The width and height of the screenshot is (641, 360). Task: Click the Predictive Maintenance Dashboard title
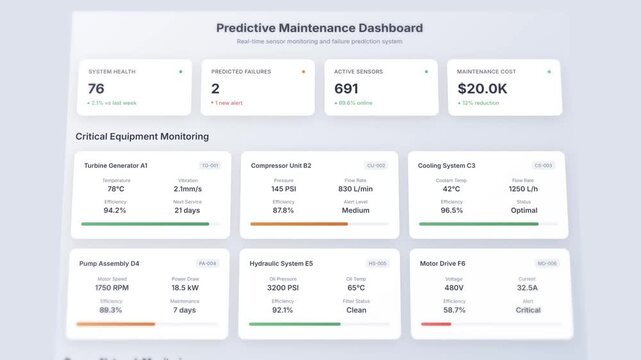click(319, 28)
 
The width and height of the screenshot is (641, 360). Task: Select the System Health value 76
click(96, 89)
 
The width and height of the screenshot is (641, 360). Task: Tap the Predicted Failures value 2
click(215, 89)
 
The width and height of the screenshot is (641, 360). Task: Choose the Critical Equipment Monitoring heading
click(142, 136)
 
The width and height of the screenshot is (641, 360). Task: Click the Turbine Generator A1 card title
click(115, 165)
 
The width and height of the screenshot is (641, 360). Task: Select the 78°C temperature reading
click(115, 188)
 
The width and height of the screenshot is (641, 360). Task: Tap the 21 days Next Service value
click(187, 210)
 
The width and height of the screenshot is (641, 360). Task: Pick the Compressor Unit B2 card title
click(280, 165)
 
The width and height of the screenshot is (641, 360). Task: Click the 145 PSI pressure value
click(283, 188)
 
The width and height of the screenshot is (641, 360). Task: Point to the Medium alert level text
click(355, 210)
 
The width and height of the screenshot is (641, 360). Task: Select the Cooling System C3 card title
click(447, 165)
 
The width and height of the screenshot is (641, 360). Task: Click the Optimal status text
click(523, 210)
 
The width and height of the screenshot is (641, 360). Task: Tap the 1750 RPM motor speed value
click(111, 287)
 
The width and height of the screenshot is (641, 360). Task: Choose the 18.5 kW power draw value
click(184, 287)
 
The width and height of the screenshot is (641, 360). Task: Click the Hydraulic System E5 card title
click(281, 263)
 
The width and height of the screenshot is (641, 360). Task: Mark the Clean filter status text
click(356, 309)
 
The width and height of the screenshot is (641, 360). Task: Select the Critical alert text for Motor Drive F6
click(527, 309)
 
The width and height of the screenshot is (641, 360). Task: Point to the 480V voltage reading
click(454, 287)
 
